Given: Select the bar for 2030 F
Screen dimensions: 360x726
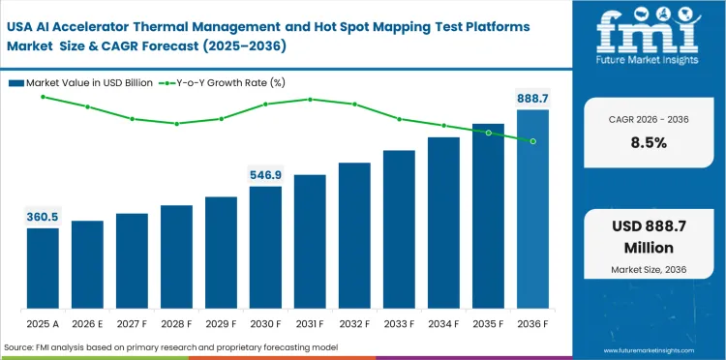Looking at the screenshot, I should coord(265,246).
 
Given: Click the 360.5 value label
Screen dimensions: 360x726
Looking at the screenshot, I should coord(43,218).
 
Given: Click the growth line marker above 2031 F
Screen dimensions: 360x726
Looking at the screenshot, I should coord(310,99).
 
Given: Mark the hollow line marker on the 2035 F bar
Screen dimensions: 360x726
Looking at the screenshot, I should coord(488,133).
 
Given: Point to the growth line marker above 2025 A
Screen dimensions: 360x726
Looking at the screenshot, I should coord(43,96).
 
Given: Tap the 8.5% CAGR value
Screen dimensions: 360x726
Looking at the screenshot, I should coord(649,142).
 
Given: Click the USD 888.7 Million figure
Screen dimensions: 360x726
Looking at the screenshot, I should coord(649,235).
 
